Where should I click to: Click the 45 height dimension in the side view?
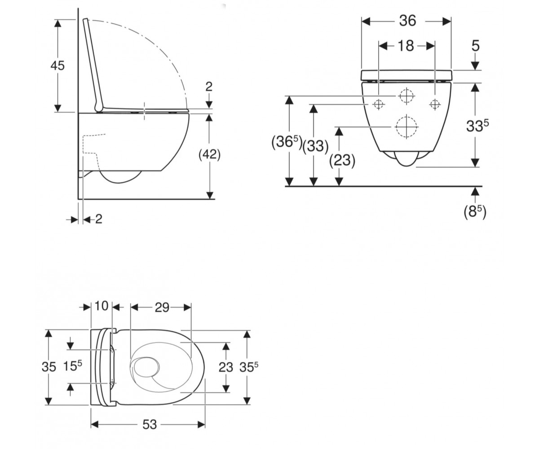[57, 66]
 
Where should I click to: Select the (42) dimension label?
[210, 155]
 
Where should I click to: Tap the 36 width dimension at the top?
[407, 21]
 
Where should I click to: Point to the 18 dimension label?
[406, 46]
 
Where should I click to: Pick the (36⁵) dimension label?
[287, 142]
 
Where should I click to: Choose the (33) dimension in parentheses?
[315, 146]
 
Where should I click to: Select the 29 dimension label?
[162, 308]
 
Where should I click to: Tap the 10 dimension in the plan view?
[102, 306]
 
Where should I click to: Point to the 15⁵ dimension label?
[72, 366]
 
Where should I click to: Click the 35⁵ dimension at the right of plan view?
[248, 367]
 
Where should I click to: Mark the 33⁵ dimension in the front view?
[477, 126]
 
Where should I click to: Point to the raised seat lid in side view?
[93, 65]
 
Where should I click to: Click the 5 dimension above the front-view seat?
[475, 46]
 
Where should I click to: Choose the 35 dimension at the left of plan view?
[49, 367]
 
